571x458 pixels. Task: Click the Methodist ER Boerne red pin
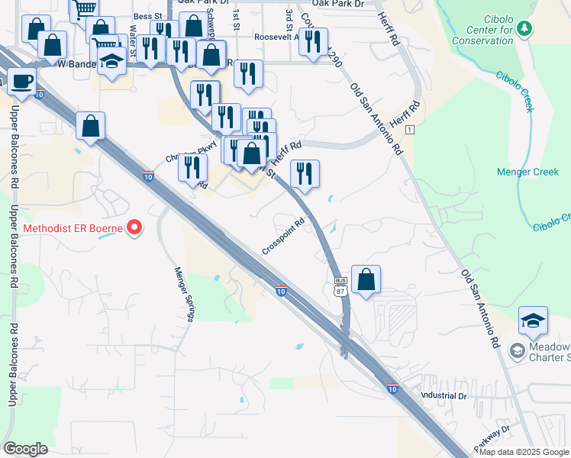pyautogui.click(x=134, y=227)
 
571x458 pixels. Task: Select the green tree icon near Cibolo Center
pyautogui.click(x=524, y=28)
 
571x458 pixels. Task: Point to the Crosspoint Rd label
pyautogui.click(x=283, y=238)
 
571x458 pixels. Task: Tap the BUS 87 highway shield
pyautogui.click(x=340, y=286)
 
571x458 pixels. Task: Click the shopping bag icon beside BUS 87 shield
pyautogui.click(x=366, y=279)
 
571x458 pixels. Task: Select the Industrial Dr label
pyautogui.click(x=444, y=396)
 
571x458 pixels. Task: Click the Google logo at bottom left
pyautogui.click(x=25, y=449)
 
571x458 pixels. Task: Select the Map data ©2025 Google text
pyautogui.click(x=524, y=452)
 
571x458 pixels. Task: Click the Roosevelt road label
pyautogui.click(x=279, y=37)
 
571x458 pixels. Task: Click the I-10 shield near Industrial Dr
pyautogui.click(x=392, y=388)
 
